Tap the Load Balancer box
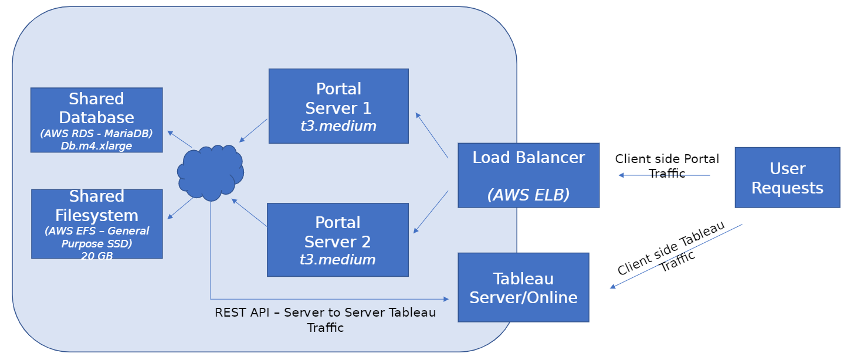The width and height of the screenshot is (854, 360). (x=528, y=175)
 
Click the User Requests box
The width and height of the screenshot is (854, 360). (x=787, y=178)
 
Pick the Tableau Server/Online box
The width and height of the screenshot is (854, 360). (x=523, y=287)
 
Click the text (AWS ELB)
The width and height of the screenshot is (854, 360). (x=528, y=195)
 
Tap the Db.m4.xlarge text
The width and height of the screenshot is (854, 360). (x=96, y=145)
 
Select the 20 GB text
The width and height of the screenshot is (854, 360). (x=96, y=256)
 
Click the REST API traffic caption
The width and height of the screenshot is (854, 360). (x=326, y=320)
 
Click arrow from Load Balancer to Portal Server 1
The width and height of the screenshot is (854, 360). (x=432, y=135)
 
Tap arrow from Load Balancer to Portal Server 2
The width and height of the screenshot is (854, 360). (x=432, y=211)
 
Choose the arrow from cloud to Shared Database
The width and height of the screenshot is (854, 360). (x=179, y=139)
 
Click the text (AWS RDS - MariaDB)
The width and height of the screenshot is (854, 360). (x=96, y=134)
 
